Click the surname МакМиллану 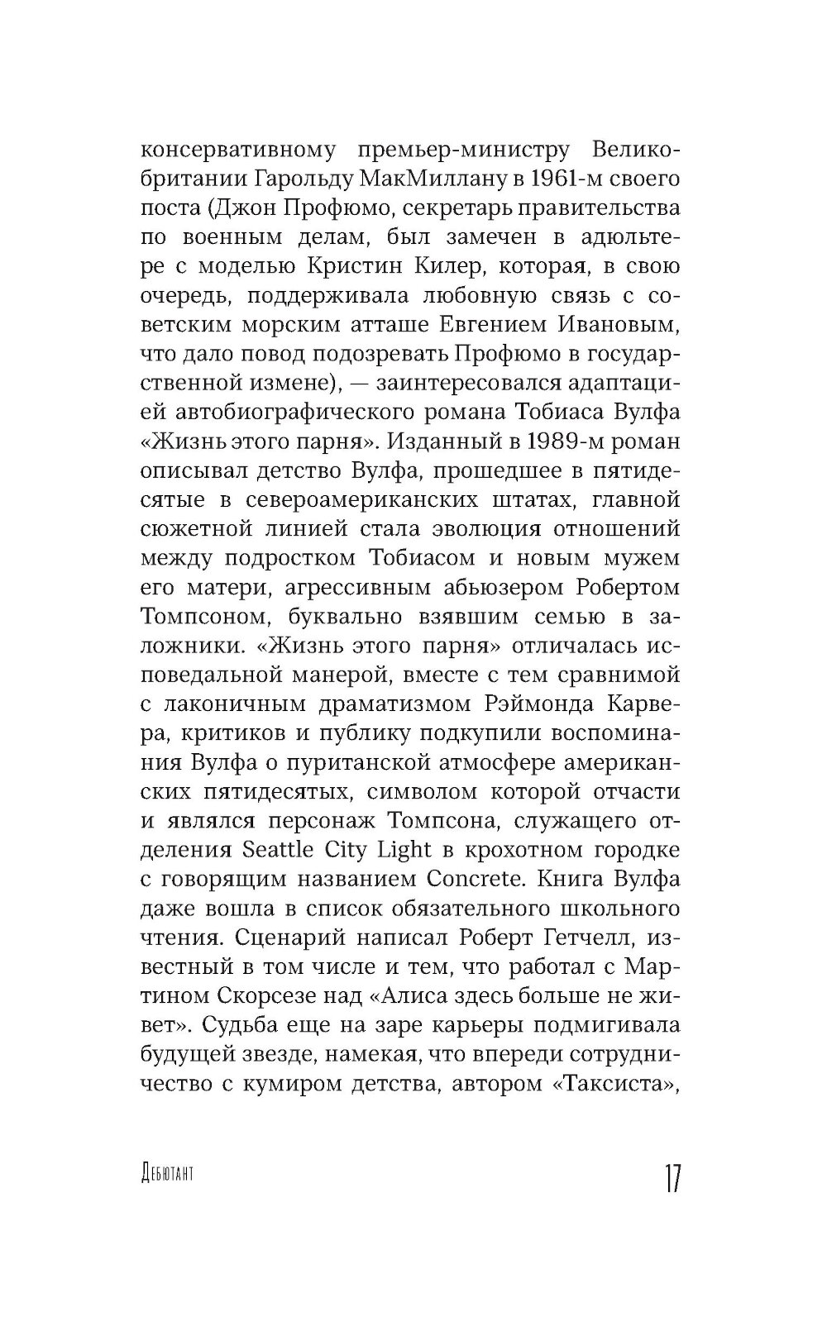tap(430, 180)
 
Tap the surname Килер tap(482, 267)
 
